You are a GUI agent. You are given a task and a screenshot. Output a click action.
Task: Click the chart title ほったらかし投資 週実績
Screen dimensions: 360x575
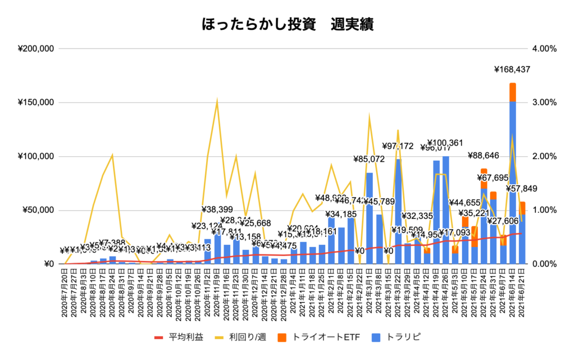[x=287, y=25]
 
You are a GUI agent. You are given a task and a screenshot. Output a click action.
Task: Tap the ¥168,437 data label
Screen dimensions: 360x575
[x=512, y=70]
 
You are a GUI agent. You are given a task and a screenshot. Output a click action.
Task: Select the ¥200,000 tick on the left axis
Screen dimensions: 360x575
[x=35, y=48]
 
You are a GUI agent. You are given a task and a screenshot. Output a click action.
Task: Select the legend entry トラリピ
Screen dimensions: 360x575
[x=400, y=338]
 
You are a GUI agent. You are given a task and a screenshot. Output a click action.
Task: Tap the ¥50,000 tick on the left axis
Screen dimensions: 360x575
[x=37, y=210]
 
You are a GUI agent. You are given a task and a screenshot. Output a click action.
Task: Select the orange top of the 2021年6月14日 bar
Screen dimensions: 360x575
[x=513, y=92]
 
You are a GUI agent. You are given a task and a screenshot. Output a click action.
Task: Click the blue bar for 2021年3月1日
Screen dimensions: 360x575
[x=369, y=219]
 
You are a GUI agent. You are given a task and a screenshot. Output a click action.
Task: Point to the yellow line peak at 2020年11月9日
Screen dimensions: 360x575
[x=217, y=102]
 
